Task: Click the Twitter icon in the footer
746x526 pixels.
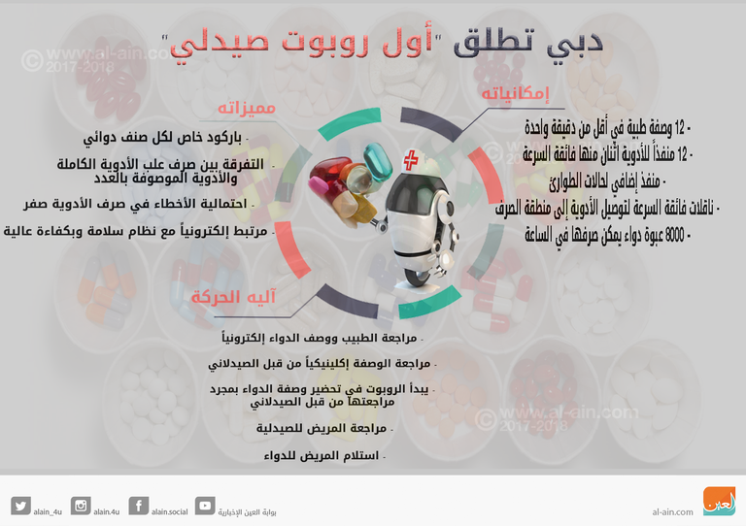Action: [x=20, y=506]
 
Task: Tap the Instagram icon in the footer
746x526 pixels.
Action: [x=81, y=506]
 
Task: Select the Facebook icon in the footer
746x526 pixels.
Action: [x=139, y=506]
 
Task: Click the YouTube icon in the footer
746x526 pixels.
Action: [x=205, y=506]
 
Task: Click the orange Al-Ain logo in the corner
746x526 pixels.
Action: [x=719, y=501]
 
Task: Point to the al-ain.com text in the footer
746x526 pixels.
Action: [x=672, y=511]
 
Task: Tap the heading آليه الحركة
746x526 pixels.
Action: [x=233, y=297]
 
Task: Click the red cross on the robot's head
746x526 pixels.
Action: [x=412, y=160]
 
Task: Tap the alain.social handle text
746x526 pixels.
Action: [x=169, y=511]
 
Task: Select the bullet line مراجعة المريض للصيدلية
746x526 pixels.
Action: [x=321, y=428]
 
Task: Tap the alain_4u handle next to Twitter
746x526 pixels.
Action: [x=49, y=511]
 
